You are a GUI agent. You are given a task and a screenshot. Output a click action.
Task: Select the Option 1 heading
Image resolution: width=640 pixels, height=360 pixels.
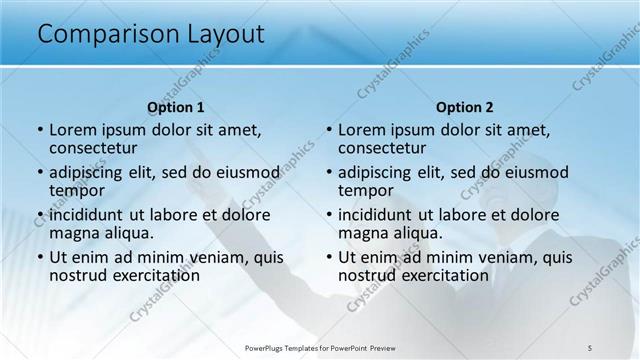(176, 107)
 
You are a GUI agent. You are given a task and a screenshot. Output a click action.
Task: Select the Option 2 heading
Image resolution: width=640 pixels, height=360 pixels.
(465, 107)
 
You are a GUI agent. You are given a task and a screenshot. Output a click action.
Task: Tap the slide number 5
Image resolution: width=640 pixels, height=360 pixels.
(590, 348)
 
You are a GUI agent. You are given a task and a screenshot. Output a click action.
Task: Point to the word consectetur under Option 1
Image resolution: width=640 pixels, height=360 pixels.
(93, 148)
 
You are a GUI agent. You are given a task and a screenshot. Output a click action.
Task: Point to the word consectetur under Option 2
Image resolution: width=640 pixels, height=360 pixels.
(382, 148)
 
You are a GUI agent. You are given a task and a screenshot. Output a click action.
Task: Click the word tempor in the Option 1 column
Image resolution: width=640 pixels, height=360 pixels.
(77, 190)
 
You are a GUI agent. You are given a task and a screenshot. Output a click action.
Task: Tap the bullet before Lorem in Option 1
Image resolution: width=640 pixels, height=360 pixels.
(40, 130)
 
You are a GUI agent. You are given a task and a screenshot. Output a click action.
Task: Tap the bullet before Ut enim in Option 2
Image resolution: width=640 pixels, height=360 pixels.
(329, 256)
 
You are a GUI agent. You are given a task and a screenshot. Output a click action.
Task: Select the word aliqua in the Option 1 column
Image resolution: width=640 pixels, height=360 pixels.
(130, 232)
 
